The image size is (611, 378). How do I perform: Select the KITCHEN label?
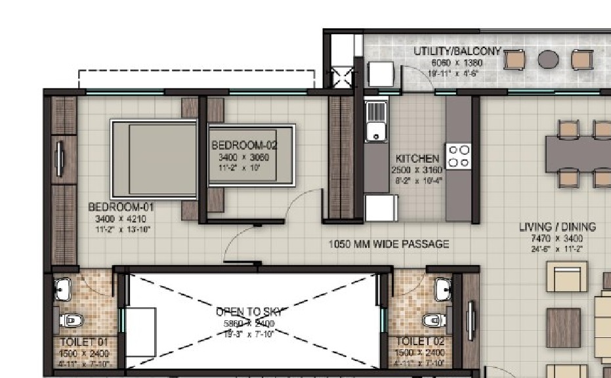coord(417,159)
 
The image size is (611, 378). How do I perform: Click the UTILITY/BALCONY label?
coord(457,51)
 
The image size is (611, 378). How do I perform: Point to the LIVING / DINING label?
coord(557,227)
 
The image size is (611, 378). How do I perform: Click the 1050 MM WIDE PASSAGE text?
coord(389,244)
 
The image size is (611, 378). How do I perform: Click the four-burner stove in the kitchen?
coord(458,156)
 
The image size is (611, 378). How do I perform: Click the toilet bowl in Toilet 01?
coord(70,320)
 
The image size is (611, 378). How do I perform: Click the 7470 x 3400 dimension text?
coord(557,238)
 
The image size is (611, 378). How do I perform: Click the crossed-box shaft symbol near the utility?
coord(343,77)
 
